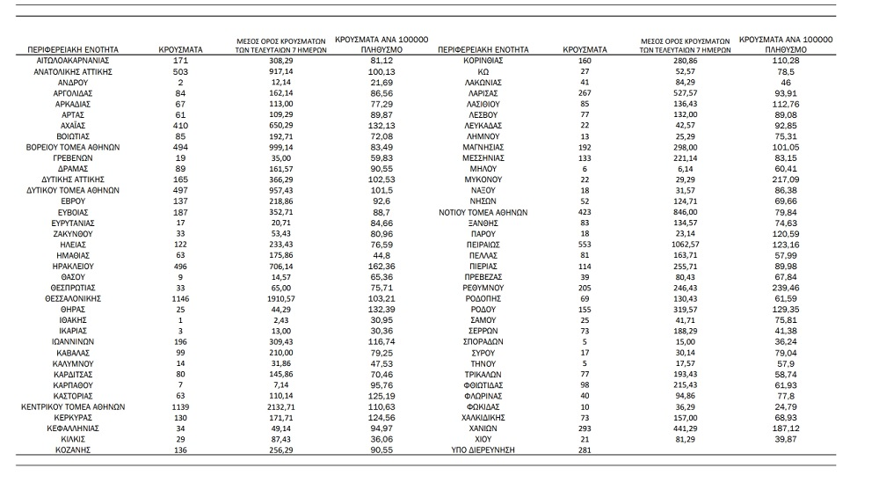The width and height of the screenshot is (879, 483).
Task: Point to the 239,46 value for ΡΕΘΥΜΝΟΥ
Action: tap(787, 287)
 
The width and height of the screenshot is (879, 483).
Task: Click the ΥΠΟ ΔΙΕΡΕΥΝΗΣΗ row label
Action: tap(483, 450)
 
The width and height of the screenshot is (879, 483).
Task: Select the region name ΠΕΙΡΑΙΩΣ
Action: tap(483, 243)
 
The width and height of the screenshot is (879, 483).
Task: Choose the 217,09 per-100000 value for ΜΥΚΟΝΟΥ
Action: tap(787, 179)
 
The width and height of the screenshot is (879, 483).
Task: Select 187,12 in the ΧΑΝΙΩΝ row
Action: tap(787, 428)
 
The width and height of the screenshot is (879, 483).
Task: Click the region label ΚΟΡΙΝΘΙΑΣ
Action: tap(483, 60)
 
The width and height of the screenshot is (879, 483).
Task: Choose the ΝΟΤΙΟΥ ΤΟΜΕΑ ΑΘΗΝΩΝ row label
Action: tap(483, 211)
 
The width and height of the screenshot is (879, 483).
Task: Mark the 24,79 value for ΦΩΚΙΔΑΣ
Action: tap(787, 407)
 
